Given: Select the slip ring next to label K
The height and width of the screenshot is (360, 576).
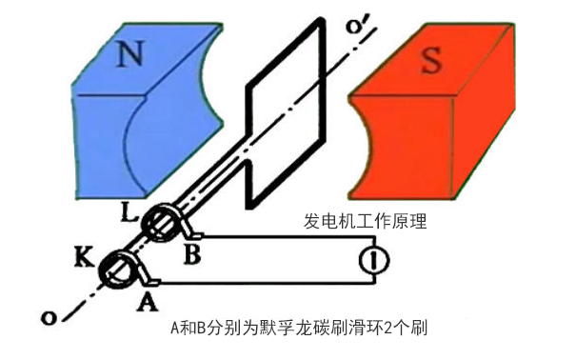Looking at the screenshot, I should (122, 270).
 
